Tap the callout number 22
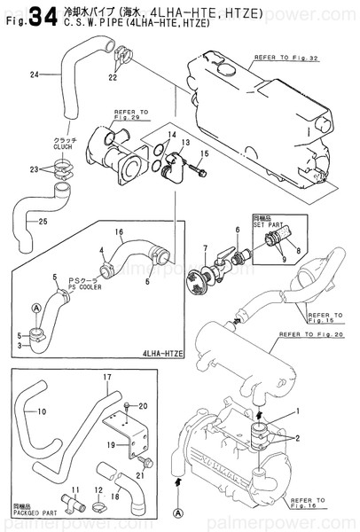pos(113,78)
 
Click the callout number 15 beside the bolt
pos(204,154)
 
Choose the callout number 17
pos(107,379)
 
